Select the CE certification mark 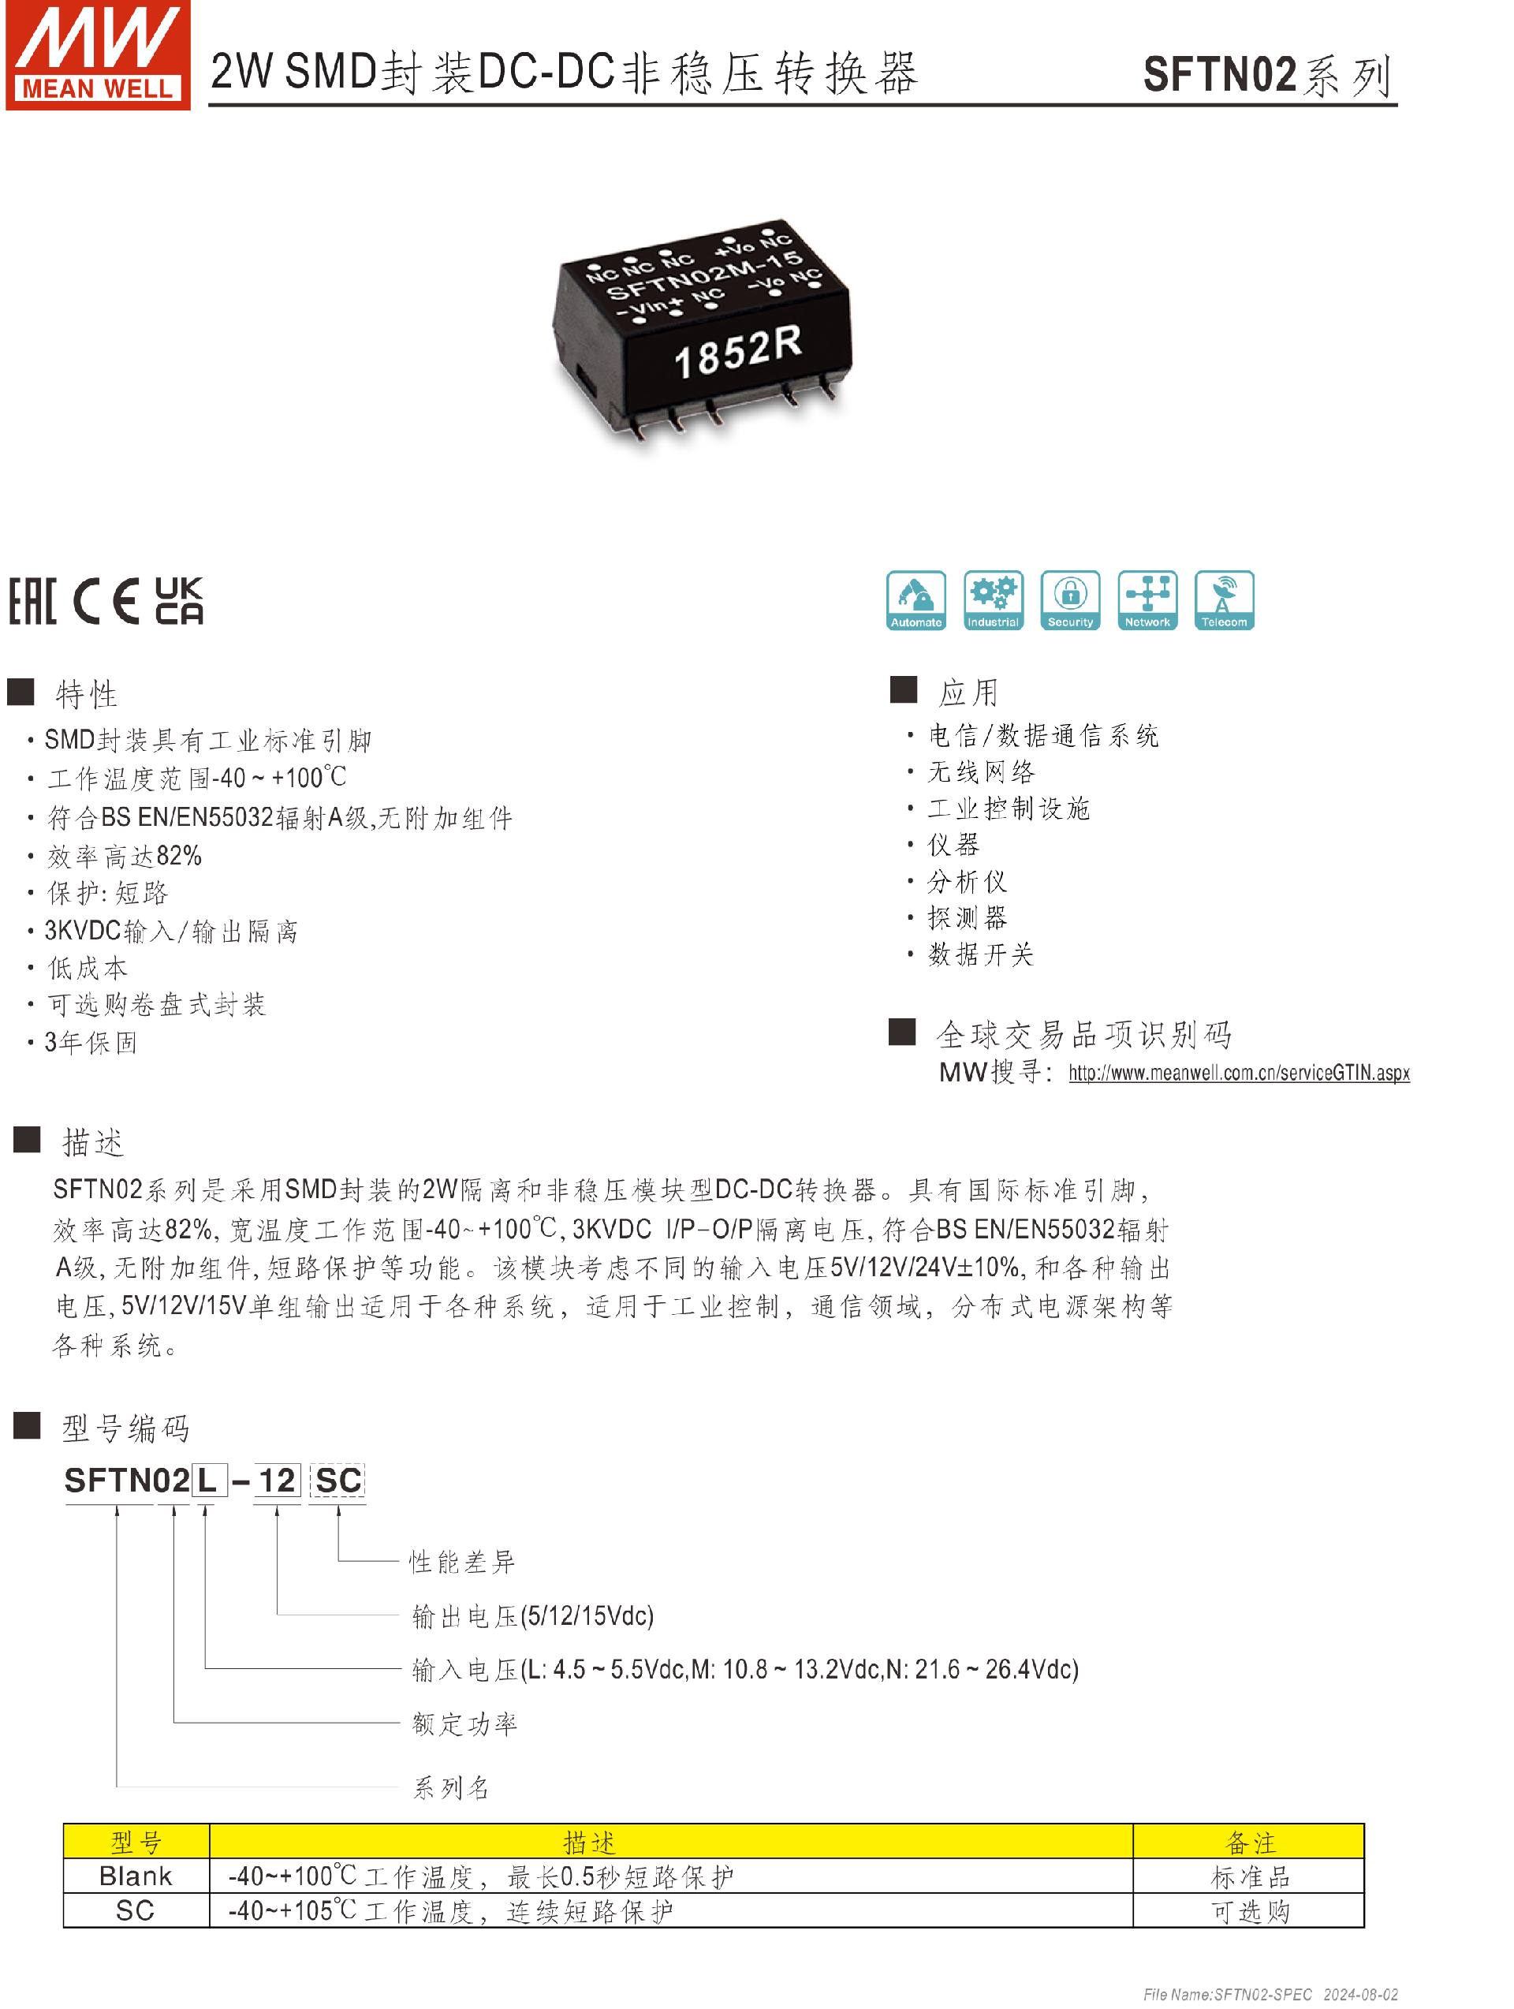(106, 601)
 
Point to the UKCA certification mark (179, 601)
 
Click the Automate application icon (915, 600)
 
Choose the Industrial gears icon (993, 600)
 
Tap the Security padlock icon (1070, 600)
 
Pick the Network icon (1147, 600)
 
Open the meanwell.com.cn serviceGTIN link (1238, 1074)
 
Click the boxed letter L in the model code (207, 1481)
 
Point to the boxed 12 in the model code (277, 1481)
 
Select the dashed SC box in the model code (337, 1481)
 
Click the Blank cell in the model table (136, 1876)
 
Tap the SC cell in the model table (136, 1911)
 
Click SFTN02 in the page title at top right (1219, 74)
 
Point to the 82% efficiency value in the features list (179, 857)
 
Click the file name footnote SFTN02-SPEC (1262, 1995)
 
